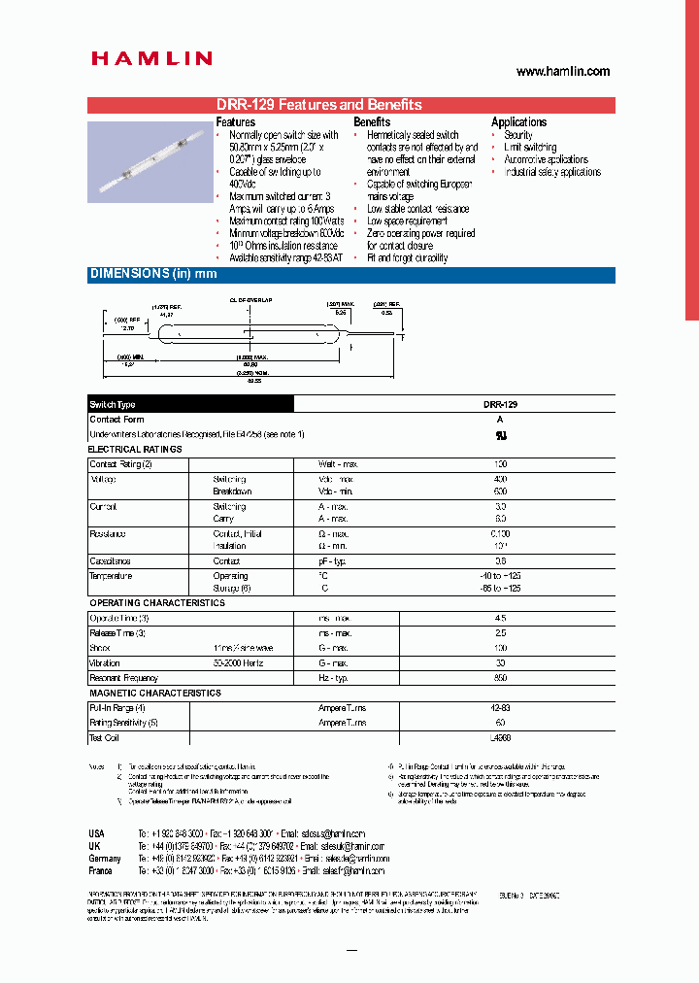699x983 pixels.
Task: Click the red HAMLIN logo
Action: (151, 59)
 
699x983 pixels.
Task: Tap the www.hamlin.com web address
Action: (562, 72)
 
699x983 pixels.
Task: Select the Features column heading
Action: (236, 122)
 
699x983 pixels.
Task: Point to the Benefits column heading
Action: (372, 122)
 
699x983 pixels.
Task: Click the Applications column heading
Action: (518, 122)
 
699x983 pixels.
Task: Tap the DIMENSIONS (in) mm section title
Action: (153, 275)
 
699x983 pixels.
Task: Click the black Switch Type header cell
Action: (190, 404)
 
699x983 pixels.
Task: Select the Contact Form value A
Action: (501, 420)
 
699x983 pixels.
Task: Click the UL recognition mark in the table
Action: (501, 435)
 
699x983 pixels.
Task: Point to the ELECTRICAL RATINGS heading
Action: (135, 450)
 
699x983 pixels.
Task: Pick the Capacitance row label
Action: (110, 561)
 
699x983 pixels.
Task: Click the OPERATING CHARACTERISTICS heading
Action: (156, 603)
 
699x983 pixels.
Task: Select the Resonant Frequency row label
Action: (123, 678)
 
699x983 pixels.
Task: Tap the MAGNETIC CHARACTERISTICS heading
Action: (155, 694)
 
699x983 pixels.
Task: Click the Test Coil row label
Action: (104, 738)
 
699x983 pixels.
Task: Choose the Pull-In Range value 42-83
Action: (501, 708)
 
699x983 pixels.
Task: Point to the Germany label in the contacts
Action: (105, 859)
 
